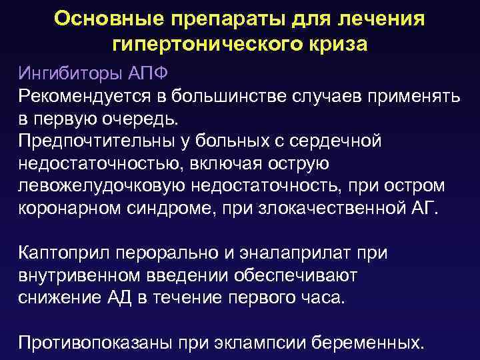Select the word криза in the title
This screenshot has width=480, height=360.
click(x=333, y=45)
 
